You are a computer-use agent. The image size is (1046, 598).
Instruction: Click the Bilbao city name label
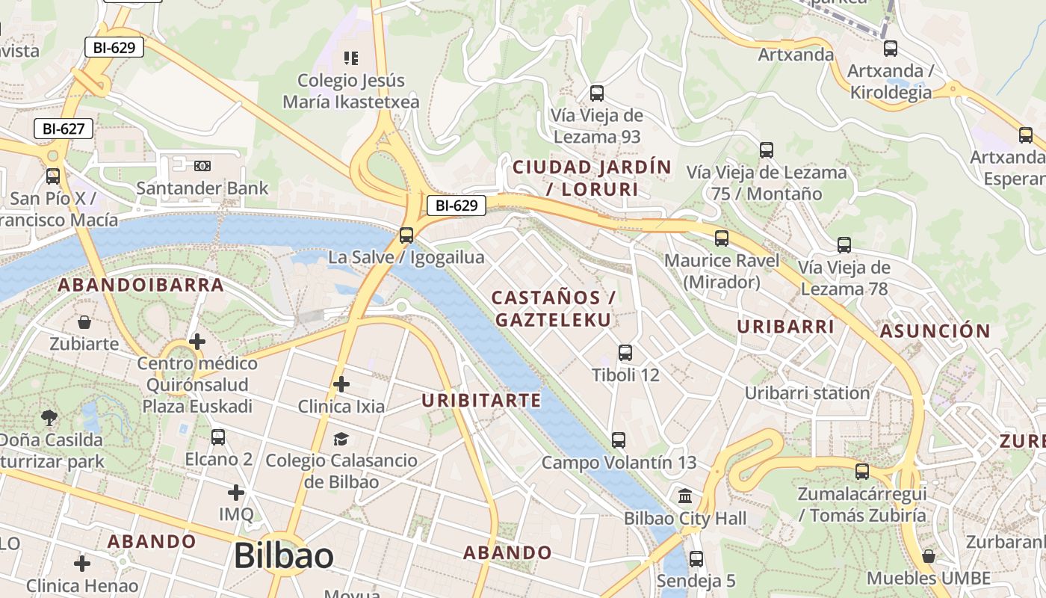(x=283, y=556)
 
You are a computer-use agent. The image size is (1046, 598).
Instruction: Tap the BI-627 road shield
(x=64, y=129)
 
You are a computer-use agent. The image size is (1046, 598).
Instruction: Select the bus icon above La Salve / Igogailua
(x=406, y=235)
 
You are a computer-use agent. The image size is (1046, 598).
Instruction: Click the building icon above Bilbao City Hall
(x=685, y=496)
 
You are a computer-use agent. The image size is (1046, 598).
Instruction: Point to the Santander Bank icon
(x=202, y=165)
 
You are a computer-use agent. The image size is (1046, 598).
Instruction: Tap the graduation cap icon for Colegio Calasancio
(x=341, y=438)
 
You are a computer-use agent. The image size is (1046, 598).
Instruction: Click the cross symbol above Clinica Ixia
(x=341, y=384)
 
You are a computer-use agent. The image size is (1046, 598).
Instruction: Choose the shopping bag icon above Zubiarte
(x=84, y=322)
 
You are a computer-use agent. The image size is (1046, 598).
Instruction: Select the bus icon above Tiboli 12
(x=625, y=353)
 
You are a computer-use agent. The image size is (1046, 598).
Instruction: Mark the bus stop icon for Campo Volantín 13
(x=618, y=440)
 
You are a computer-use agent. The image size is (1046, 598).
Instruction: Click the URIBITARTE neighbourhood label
(x=481, y=401)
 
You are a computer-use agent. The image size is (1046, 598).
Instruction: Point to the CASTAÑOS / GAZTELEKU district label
(x=553, y=309)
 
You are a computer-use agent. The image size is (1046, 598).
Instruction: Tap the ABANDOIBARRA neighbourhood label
(x=141, y=285)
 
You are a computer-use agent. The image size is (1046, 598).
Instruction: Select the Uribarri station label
(x=807, y=393)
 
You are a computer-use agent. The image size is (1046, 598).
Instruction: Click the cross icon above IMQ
(x=236, y=493)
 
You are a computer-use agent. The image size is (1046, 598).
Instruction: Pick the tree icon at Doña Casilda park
(x=50, y=417)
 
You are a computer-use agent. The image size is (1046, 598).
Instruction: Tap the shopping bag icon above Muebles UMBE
(x=929, y=556)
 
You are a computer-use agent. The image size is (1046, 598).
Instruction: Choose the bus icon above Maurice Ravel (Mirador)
(x=721, y=238)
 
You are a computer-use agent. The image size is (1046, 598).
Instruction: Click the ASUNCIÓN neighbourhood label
(x=935, y=331)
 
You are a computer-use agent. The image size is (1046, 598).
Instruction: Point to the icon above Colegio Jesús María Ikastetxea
(x=350, y=58)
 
